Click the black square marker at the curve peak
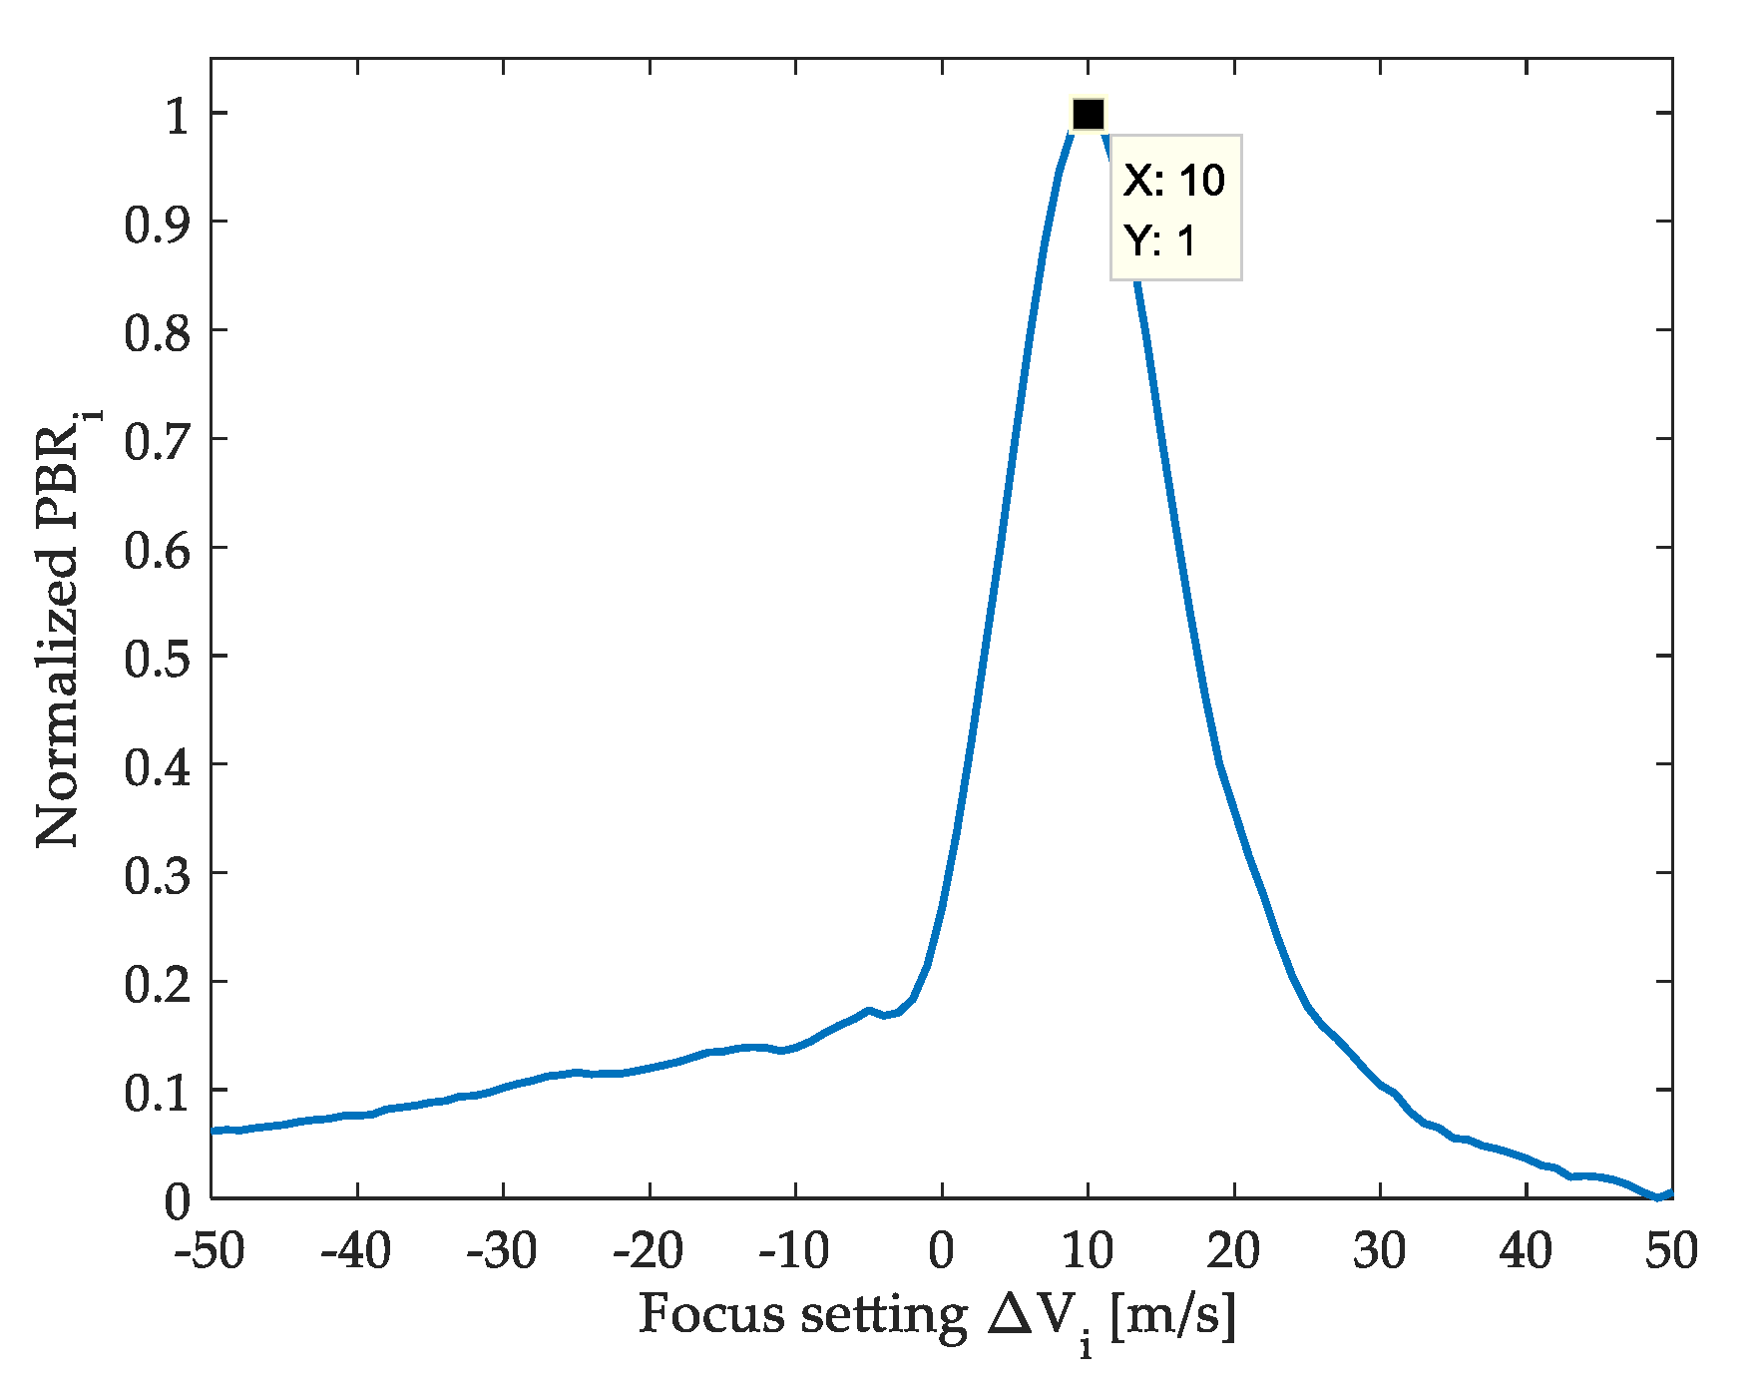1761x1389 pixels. (1088, 115)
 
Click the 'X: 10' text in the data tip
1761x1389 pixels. (1174, 181)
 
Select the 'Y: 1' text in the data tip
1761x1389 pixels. (1159, 240)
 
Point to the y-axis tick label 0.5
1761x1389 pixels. (157, 658)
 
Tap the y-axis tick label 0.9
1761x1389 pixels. (157, 224)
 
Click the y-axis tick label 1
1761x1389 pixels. (177, 115)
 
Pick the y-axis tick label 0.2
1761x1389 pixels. (157, 984)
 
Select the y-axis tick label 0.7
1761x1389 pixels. (157, 441)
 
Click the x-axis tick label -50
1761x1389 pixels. (211, 1250)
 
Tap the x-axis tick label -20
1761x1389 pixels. (649, 1250)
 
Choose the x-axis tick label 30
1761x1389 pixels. (1380, 1250)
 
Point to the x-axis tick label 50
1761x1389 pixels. (1672, 1250)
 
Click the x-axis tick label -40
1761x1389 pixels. (356, 1250)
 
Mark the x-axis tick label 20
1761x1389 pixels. (1233, 1250)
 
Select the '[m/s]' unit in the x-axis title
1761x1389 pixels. (1172, 1315)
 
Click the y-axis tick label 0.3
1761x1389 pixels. (157, 875)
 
